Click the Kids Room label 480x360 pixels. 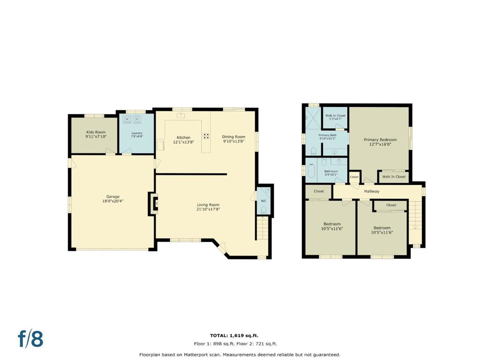[96, 132]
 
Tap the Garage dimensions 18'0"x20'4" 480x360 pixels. [112, 202]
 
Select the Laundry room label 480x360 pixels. [137, 133]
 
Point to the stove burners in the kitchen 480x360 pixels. [206, 136]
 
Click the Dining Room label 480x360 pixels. [233, 137]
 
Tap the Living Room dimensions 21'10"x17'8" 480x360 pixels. [208, 210]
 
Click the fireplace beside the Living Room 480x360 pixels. [153, 203]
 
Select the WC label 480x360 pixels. [263, 201]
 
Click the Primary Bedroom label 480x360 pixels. [380, 140]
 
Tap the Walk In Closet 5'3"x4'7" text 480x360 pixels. [335, 117]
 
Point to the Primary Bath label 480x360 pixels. [328, 135]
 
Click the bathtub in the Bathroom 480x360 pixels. [311, 171]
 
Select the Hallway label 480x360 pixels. [372, 191]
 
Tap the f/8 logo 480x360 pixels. [30, 339]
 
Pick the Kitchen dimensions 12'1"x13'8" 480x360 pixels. [183, 142]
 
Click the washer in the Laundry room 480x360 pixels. [127, 119]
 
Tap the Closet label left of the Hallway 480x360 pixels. [319, 191]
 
